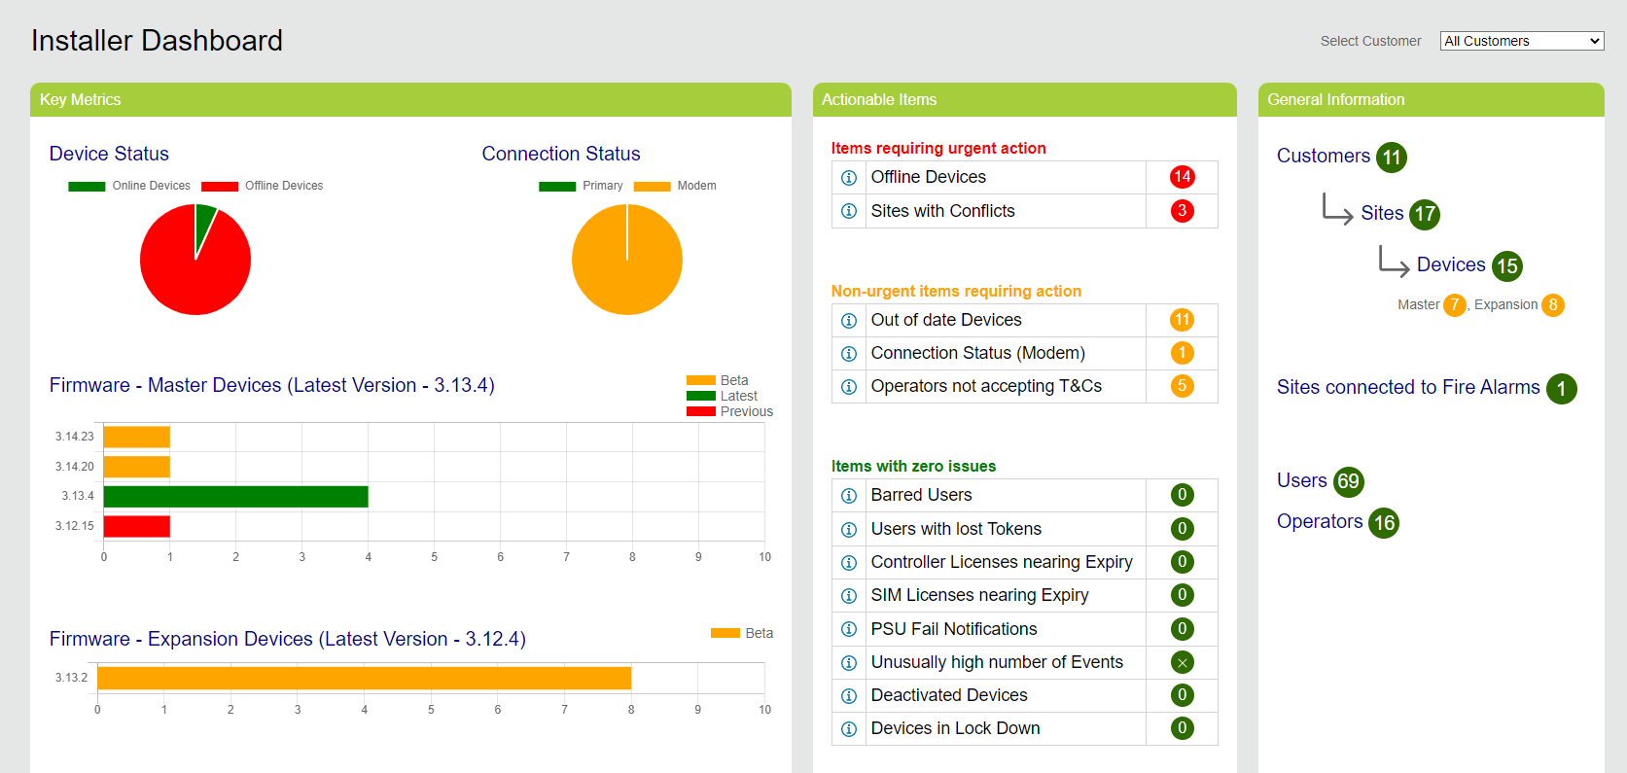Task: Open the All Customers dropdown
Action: [x=1521, y=41]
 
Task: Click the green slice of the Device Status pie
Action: [x=204, y=222]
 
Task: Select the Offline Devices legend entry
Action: [x=263, y=186]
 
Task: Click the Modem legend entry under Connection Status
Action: [x=675, y=186]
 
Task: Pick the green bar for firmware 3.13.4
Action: [x=235, y=497]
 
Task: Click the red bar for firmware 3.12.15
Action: [x=137, y=526]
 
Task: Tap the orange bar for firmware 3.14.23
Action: [x=137, y=437]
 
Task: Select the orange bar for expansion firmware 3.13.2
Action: [x=364, y=678]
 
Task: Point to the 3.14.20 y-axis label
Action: [x=75, y=467]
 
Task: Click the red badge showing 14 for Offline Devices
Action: [x=1182, y=177]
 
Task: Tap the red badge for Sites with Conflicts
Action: [x=1182, y=211]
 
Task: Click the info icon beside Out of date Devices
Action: [x=849, y=321]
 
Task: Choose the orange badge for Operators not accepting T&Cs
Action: [x=1182, y=386]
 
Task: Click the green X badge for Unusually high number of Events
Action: [x=1182, y=663]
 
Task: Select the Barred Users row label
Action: [x=921, y=495]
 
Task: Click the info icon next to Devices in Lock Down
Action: [x=849, y=729]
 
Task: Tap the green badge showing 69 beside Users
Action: [x=1348, y=481]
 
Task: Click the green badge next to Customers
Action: [x=1392, y=158]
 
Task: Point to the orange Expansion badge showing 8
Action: [x=1553, y=305]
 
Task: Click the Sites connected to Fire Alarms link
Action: [x=1408, y=387]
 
